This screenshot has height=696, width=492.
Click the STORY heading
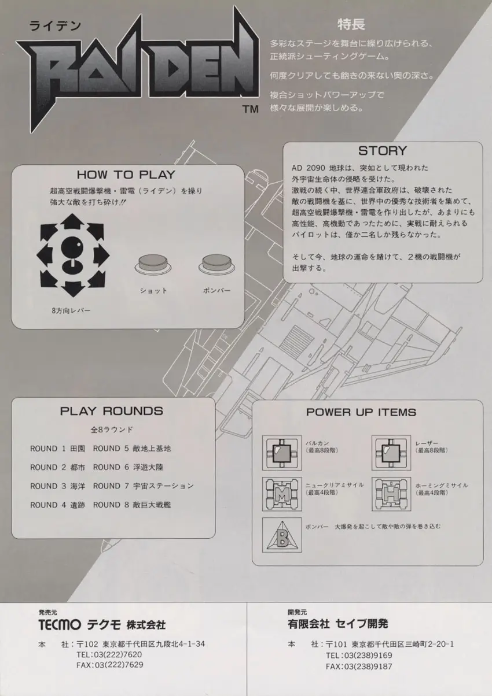tap(383, 151)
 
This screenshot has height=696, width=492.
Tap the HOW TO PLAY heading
tap(126, 174)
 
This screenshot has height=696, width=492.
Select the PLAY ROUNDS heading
tap(112, 411)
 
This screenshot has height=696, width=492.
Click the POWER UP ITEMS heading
tap(361, 412)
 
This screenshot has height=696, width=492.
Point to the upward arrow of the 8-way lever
tap(73, 221)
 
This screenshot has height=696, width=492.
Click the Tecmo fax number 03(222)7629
tap(118, 665)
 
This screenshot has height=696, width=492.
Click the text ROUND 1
tap(44, 448)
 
